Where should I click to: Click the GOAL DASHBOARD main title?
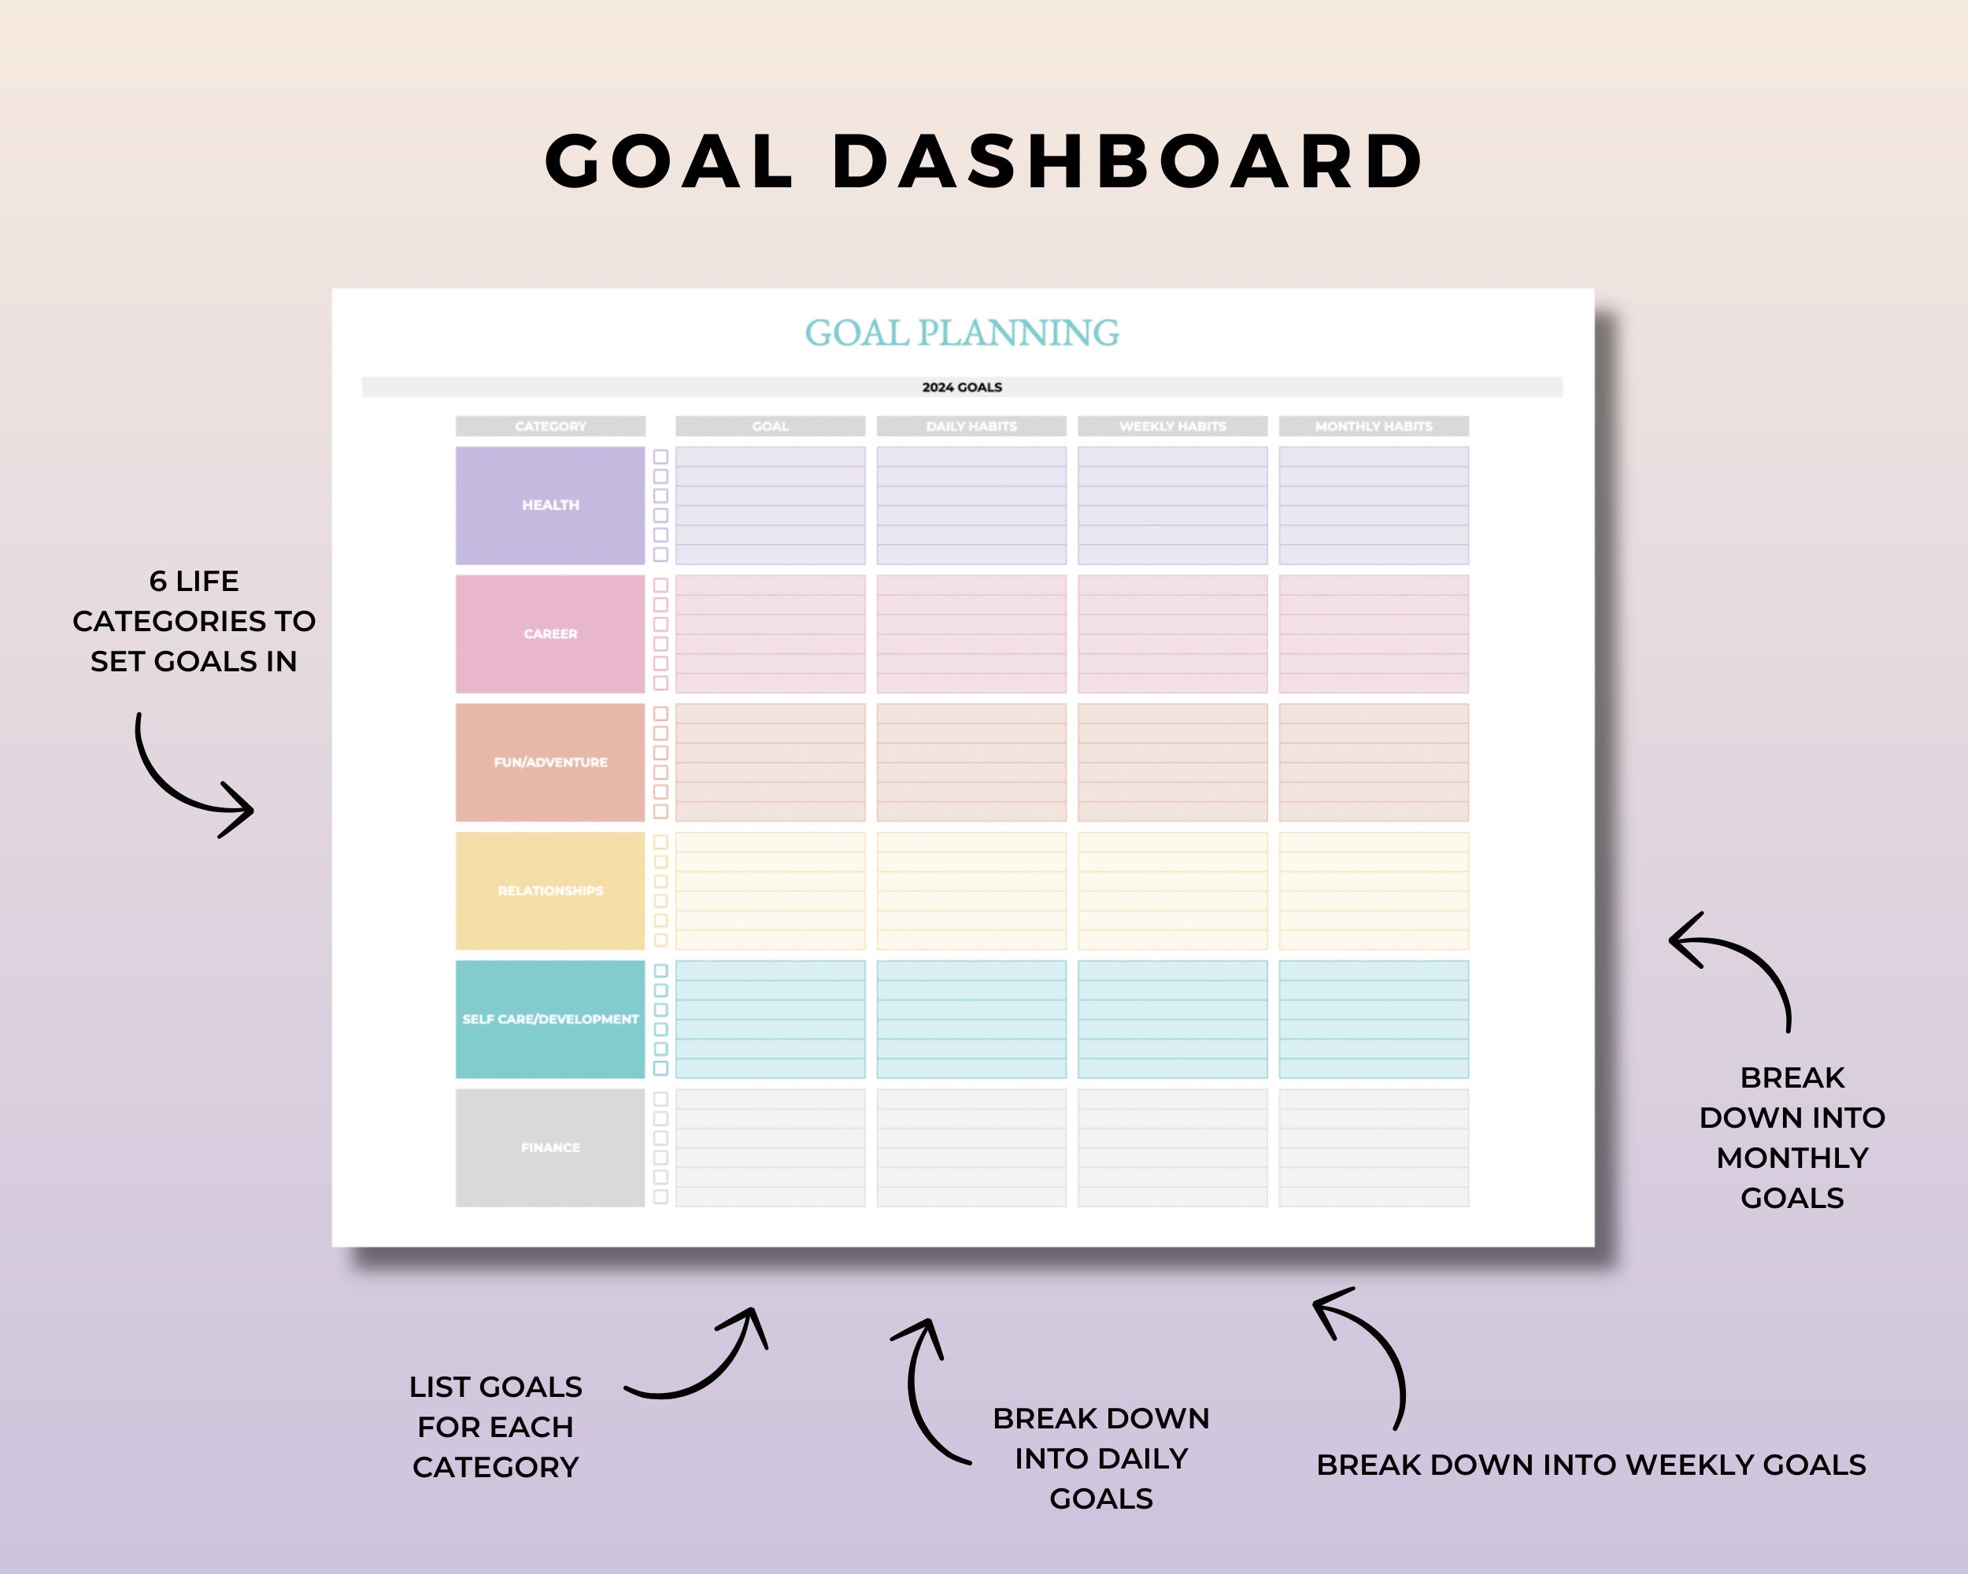[984, 161]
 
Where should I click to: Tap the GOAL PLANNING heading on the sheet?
[961, 333]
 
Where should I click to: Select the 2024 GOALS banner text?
[961, 387]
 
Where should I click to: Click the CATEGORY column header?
[550, 426]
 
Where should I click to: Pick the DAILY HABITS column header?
[971, 426]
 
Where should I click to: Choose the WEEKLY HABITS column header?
[1172, 426]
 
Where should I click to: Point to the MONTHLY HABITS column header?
[1373, 426]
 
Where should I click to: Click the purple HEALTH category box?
[550, 504]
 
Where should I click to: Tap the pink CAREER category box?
[550, 634]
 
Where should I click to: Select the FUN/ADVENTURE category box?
[550, 762]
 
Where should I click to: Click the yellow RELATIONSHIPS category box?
[550, 891]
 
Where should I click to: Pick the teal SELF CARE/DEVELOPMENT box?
[550, 1019]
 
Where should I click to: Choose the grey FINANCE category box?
[550, 1147]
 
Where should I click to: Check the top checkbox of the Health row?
[661, 457]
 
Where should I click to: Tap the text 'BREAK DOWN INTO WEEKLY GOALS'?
[1591, 1465]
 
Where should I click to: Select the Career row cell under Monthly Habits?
[1373, 634]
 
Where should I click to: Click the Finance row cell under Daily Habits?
[971, 1147]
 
